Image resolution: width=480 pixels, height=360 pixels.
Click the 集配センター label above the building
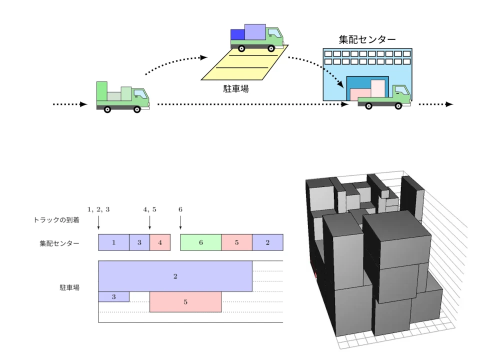pos(367,39)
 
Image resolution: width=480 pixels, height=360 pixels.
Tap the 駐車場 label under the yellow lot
pos(235,88)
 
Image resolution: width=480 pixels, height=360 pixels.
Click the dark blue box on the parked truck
pos(237,34)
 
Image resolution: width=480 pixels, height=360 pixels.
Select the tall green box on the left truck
pos(102,91)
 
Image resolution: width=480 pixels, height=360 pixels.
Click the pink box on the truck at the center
pos(360,94)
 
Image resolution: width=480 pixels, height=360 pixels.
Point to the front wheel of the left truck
pos(137,109)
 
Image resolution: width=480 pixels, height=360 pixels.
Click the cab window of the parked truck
pos(274,33)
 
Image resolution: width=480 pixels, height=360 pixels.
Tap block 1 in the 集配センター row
pos(113,242)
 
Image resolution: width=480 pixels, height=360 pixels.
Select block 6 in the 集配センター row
pos(201,242)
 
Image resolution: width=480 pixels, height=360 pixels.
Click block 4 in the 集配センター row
pos(160,242)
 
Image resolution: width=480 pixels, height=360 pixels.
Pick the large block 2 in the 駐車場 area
pos(175,276)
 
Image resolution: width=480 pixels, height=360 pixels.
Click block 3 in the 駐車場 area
pos(113,296)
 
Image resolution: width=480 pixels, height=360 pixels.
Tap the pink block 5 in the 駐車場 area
pos(185,302)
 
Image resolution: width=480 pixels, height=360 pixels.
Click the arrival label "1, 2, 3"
pos(98,209)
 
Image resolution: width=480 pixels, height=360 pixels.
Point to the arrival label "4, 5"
pos(149,209)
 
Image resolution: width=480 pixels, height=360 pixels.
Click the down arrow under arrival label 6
pos(180,222)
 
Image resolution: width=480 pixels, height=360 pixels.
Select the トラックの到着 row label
pos(56,220)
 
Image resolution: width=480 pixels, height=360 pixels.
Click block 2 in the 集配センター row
pos(267,242)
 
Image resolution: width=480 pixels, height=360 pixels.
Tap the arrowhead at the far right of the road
pos(449,104)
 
